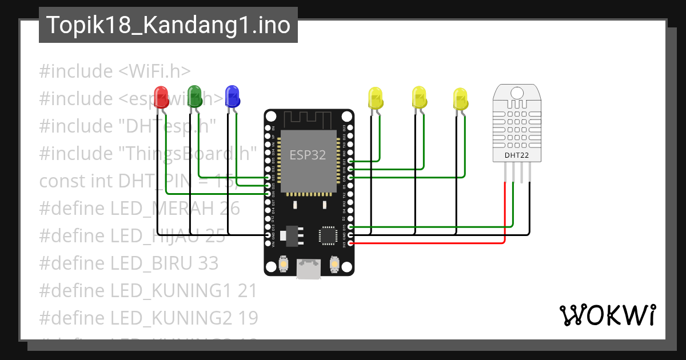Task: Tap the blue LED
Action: point(232,95)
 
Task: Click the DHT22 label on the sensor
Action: point(516,154)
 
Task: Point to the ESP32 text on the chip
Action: point(308,155)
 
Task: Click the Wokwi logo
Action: point(607,315)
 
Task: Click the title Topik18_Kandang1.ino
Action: point(168,25)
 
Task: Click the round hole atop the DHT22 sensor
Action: point(517,93)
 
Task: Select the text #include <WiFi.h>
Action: point(114,71)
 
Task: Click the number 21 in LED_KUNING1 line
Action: point(248,290)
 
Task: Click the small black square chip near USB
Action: point(328,235)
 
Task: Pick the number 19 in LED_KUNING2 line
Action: point(248,317)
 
